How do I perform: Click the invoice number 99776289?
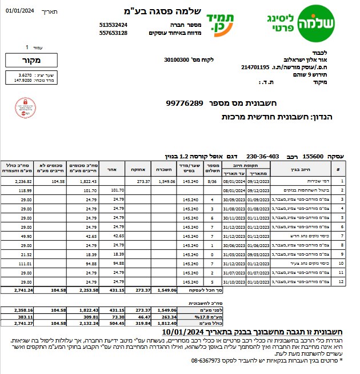185,103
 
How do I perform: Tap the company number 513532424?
113,25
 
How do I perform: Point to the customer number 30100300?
178,59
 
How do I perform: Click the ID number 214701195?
255,67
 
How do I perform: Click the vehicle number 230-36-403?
263,156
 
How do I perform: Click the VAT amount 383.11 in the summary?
23,316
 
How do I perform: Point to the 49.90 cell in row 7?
26,236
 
